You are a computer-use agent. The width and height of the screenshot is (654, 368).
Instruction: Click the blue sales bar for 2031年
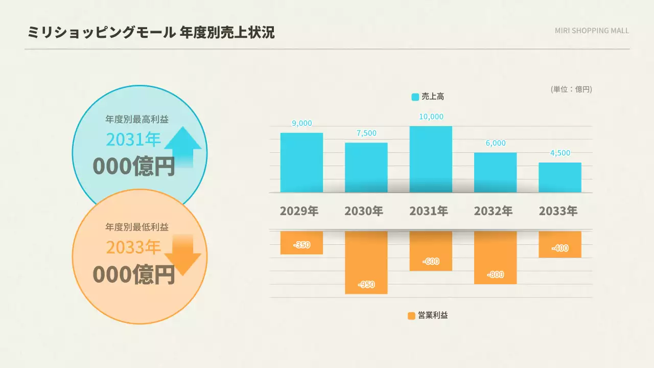pyautogui.click(x=431, y=159)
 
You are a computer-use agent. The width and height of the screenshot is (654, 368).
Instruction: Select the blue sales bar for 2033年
pyautogui.click(x=559, y=177)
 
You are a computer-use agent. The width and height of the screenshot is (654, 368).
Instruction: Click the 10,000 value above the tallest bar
pyautogui.click(x=431, y=117)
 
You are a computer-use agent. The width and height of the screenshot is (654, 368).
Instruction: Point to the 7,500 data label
pyautogui.click(x=366, y=133)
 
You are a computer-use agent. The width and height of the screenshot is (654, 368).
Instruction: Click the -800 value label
pyautogui.click(x=495, y=274)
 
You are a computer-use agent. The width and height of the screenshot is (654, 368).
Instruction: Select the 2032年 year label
pyautogui.click(x=493, y=211)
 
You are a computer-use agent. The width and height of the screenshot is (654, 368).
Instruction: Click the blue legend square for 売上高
pyautogui.click(x=415, y=97)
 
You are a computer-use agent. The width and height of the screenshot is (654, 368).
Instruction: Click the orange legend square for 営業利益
pyautogui.click(x=412, y=316)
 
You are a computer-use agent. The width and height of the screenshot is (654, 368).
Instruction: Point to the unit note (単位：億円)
pyautogui.click(x=571, y=89)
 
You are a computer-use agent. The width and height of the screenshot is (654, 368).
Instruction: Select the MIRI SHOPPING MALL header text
pyautogui.click(x=592, y=31)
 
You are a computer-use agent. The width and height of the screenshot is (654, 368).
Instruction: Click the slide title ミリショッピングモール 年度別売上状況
pyautogui.click(x=151, y=33)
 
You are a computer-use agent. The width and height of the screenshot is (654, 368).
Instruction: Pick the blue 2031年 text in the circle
pyautogui.click(x=133, y=139)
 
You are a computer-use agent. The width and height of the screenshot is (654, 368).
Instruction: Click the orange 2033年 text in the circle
pyautogui.click(x=133, y=247)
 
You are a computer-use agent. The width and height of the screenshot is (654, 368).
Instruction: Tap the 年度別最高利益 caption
pyautogui.click(x=137, y=120)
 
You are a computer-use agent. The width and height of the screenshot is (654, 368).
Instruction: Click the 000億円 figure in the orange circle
pyautogui.click(x=134, y=274)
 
